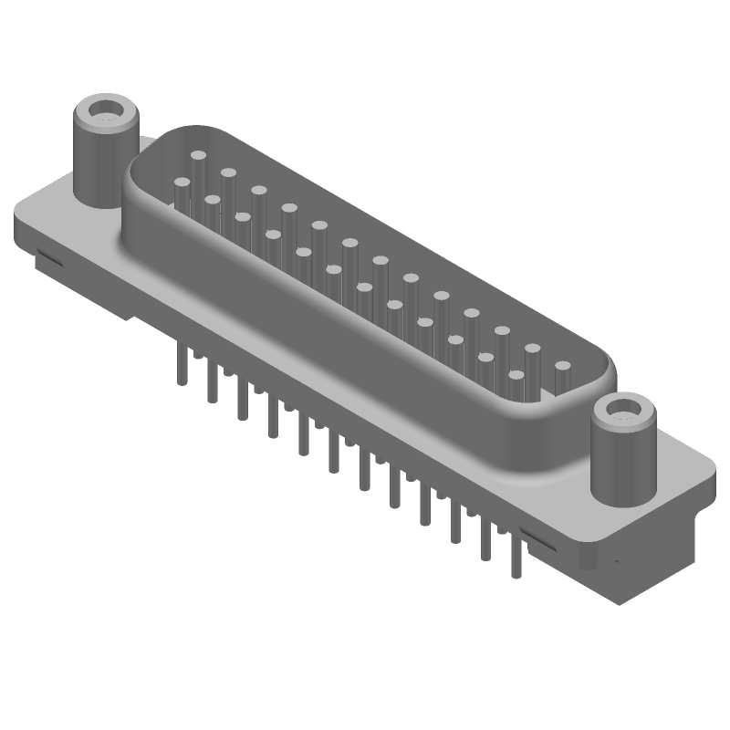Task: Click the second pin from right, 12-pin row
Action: tap(485, 358)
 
